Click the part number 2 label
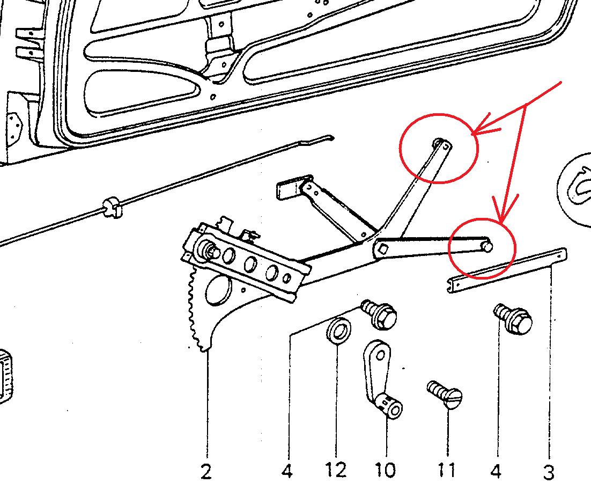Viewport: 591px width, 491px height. tap(206, 471)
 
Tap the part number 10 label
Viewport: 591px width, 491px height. tap(386, 471)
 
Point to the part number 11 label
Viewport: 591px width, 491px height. tap(446, 471)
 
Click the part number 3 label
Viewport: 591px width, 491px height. tap(548, 472)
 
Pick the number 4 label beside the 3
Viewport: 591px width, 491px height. tap(496, 471)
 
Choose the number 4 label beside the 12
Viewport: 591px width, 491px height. tap(287, 471)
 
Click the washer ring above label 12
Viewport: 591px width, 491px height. tap(337, 330)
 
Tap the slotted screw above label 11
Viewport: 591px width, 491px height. tap(446, 396)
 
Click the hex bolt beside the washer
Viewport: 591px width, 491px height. tap(380, 316)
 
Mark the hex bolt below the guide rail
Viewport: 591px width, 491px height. tap(513, 319)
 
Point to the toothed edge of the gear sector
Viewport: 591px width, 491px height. tap(196, 317)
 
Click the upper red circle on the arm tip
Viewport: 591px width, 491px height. tap(438, 148)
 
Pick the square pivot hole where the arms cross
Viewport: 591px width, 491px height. tap(383, 248)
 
